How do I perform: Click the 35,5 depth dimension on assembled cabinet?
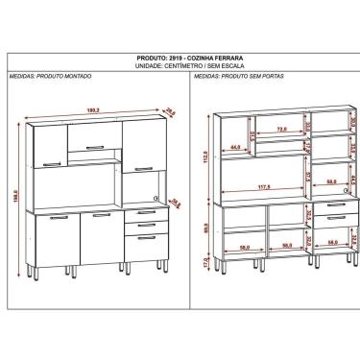[174, 203]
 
